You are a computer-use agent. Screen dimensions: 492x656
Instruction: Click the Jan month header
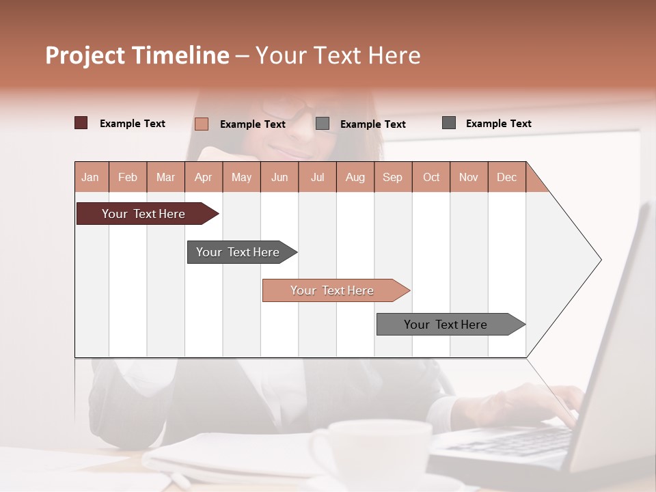click(91, 177)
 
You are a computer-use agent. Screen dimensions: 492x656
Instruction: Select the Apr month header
click(204, 177)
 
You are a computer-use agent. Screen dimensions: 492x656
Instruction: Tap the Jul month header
click(317, 177)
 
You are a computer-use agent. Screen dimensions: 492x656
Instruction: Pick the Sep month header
click(392, 177)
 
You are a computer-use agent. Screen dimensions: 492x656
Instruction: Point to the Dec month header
click(506, 177)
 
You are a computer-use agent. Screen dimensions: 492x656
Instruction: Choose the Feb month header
click(128, 177)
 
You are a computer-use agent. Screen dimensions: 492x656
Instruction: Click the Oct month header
click(431, 177)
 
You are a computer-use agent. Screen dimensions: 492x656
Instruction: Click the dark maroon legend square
click(81, 123)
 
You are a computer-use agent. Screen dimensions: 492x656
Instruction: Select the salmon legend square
click(201, 124)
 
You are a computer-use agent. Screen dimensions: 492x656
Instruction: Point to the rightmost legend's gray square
click(449, 123)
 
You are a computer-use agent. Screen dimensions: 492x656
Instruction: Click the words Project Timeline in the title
click(137, 55)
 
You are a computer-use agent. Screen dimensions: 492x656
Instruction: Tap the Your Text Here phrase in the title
click(338, 55)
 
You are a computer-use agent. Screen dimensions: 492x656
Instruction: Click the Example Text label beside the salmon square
click(252, 124)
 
